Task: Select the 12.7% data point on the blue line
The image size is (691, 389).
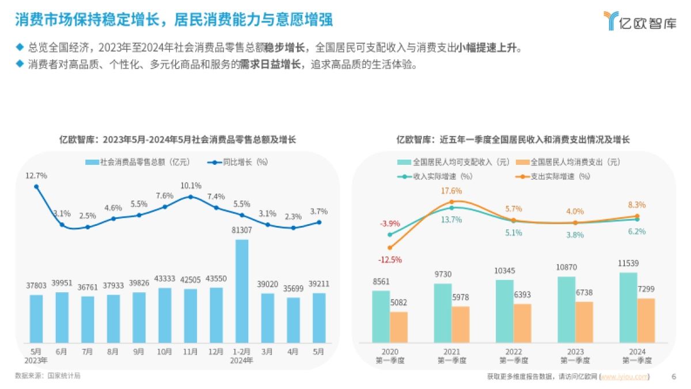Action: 36,186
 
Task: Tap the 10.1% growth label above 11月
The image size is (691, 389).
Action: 191,186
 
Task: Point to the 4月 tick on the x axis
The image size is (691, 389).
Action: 293,351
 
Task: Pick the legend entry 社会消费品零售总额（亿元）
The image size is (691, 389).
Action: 138,162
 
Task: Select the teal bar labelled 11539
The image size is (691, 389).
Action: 628,308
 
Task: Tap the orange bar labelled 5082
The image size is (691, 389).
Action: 398,327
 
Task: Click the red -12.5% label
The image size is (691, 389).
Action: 390,260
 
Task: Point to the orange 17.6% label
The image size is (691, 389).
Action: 451,191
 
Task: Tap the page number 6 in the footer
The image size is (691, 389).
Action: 674,377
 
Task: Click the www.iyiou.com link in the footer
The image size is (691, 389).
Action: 624,377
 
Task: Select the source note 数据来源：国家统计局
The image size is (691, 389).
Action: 48,376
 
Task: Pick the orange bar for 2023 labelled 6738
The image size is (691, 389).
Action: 583,322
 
